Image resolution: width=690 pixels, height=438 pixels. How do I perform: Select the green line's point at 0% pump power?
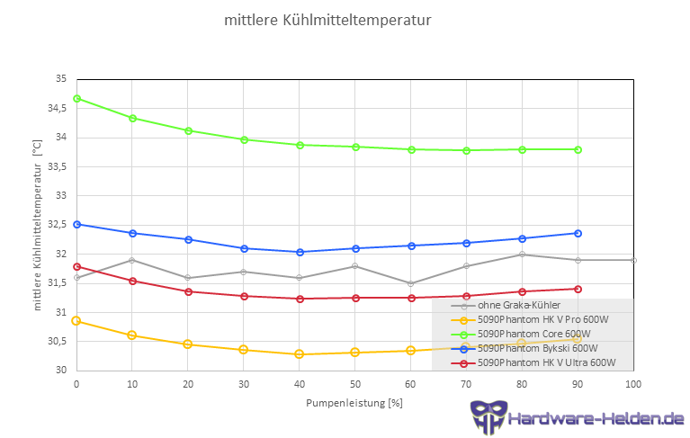76,98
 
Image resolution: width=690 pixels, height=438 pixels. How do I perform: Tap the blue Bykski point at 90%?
578,233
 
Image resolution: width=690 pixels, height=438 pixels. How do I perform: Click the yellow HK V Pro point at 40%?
300,354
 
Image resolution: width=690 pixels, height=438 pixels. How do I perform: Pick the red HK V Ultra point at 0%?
76,266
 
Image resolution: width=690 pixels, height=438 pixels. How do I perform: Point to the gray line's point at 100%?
633,260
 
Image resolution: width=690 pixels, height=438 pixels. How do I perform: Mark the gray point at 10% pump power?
132,260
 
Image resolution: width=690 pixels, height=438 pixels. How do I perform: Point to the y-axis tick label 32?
61,255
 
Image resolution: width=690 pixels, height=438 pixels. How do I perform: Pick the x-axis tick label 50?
354,384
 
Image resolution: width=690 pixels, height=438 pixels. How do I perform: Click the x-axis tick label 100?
633,384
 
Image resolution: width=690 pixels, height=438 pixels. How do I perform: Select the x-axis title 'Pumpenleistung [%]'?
354,402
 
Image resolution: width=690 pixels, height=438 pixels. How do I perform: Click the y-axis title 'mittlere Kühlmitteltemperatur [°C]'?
37,225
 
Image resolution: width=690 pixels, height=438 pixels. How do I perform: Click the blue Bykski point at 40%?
300,252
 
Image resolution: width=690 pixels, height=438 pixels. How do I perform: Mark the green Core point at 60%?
411,149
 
